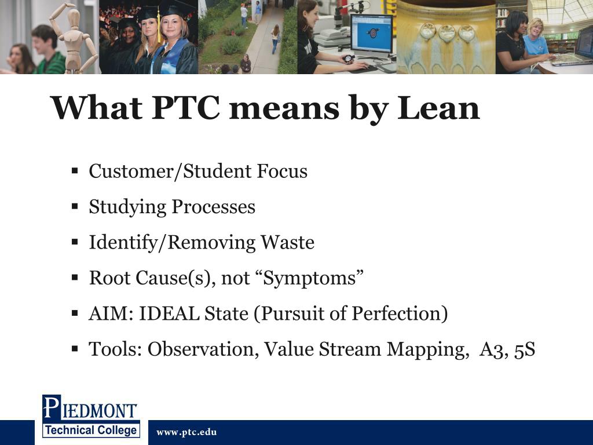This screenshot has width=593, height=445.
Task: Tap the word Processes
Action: pyautogui.click(x=214, y=207)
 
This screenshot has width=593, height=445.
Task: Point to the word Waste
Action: pyautogui.click(x=287, y=242)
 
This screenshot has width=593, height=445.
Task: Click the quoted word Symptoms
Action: pyautogui.click(x=313, y=278)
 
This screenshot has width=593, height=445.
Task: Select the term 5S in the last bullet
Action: pyautogui.click(x=524, y=349)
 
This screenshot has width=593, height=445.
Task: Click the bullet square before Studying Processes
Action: pyautogui.click(x=75, y=207)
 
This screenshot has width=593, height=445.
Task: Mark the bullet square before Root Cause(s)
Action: pyautogui.click(x=75, y=278)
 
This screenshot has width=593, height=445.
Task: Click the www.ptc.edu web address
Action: pyautogui.click(x=186, y=432)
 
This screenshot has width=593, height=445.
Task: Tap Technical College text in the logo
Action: pyautogui.click(x=90, y=430)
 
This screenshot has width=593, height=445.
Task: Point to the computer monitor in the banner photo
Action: pyautogui.click(x=371, y=33)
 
